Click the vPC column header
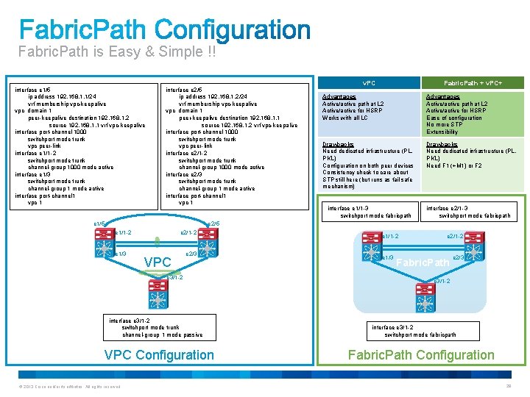tap(369, 83)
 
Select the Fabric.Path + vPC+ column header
tap(473, 83)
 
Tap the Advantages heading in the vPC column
tap(339, 97)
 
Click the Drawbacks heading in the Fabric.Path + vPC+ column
tap(442, 144)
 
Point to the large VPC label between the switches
tap(158, 262)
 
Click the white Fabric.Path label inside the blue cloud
tap(423, 262)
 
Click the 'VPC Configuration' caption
tap(159, 355)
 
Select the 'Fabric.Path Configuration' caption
tap(421, 355)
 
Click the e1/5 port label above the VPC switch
tap(99, 223)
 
